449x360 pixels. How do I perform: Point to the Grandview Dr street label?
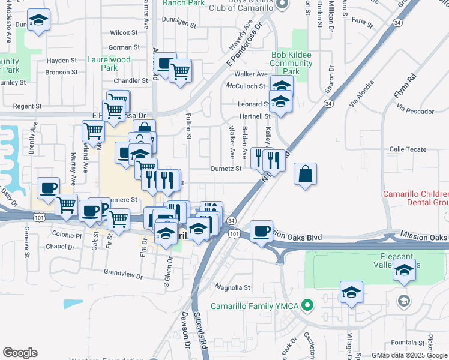pyautogui.click(x=123, y=277)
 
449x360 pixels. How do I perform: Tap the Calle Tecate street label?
pyautogui.click(x=408, y=149)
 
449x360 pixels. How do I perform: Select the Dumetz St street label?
pyautogui.click(x=226, y=169)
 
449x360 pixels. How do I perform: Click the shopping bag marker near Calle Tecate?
pyautogui.click(x=306, y=174)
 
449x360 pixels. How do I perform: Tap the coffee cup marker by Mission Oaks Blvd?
pyautogui.click(x=261, y=231)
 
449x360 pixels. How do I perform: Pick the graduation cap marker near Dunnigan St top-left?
pyautogui.click(x=39, y=20)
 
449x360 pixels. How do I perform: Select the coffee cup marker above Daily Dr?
pyautogui.click(x=48, y=188)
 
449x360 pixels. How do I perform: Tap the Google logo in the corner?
pyautogui.click(x=20, y=353)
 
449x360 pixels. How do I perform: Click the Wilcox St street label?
pyautogui.click(x=124, y=32)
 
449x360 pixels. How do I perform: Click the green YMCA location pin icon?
pyautogui.click(x=308, y=306)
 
